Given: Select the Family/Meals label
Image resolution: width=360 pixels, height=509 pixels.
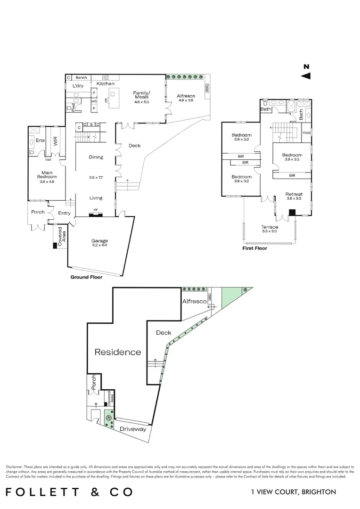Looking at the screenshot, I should [141, 95].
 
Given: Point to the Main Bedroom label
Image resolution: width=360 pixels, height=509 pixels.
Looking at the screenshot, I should [46, 175].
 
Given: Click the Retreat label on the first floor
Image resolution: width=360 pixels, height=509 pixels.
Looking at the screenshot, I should [294, 194].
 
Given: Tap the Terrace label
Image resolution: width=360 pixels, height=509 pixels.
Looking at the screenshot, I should [270, 227].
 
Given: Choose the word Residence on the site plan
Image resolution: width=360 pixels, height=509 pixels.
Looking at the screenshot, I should [118, 352].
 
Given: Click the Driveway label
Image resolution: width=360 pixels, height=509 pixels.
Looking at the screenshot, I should [133, 429].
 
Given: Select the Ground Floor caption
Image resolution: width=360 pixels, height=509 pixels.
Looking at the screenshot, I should [86, 277].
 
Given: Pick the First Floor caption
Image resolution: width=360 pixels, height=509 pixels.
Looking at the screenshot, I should [254, 248].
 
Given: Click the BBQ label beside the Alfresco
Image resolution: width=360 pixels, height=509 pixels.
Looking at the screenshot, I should [206, 88].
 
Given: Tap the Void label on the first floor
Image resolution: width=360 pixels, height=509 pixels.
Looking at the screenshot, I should [306, 132].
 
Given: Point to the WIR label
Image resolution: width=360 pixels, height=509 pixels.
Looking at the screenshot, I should [55, 141].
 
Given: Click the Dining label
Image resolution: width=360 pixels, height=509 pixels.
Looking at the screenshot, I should [96, 157].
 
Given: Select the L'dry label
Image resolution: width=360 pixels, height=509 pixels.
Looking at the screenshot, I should [77, 86].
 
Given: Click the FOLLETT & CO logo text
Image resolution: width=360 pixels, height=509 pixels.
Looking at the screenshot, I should [69, 492].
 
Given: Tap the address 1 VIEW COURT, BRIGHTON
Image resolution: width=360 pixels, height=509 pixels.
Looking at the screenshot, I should [294, 492].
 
